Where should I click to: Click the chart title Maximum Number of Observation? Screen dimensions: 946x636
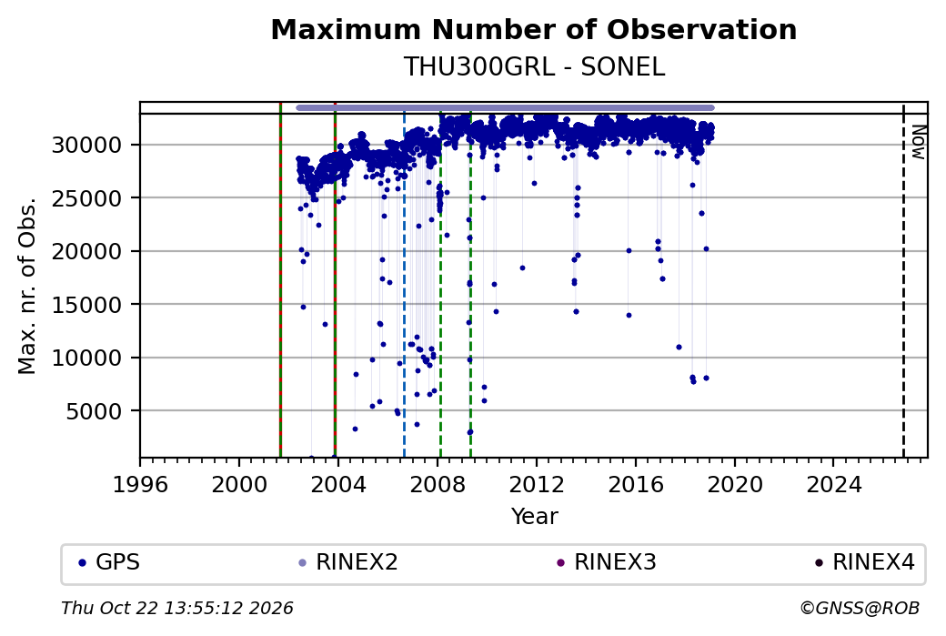click(534, 29)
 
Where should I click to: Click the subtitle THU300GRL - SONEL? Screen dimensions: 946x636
click(534, 67)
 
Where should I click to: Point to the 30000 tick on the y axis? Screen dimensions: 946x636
click(87, 145)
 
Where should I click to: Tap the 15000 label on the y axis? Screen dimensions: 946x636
click(87, 305)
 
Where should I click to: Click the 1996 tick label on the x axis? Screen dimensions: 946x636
click(141, 484)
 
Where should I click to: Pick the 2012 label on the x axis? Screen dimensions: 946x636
click(537, 484)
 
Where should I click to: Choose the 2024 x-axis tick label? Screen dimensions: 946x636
click(834, 484)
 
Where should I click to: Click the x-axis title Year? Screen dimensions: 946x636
click(535, 517)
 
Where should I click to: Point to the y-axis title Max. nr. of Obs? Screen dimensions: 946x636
click(27, 286)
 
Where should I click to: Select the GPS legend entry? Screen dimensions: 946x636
click(109, 562)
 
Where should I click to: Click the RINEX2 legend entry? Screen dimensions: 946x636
click(348, 562)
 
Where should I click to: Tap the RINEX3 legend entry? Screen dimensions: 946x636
click(607, 562)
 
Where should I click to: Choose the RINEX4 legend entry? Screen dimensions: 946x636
click(864, 562)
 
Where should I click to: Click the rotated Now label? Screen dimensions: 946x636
click(918, 143)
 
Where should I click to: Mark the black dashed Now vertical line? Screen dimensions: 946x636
click(903, 280)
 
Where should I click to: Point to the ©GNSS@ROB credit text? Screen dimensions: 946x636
click(860, 608)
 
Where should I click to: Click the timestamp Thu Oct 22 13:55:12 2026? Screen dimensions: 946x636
click(177, 608)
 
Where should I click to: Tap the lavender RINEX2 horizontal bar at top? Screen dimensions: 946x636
click(505, 108)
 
